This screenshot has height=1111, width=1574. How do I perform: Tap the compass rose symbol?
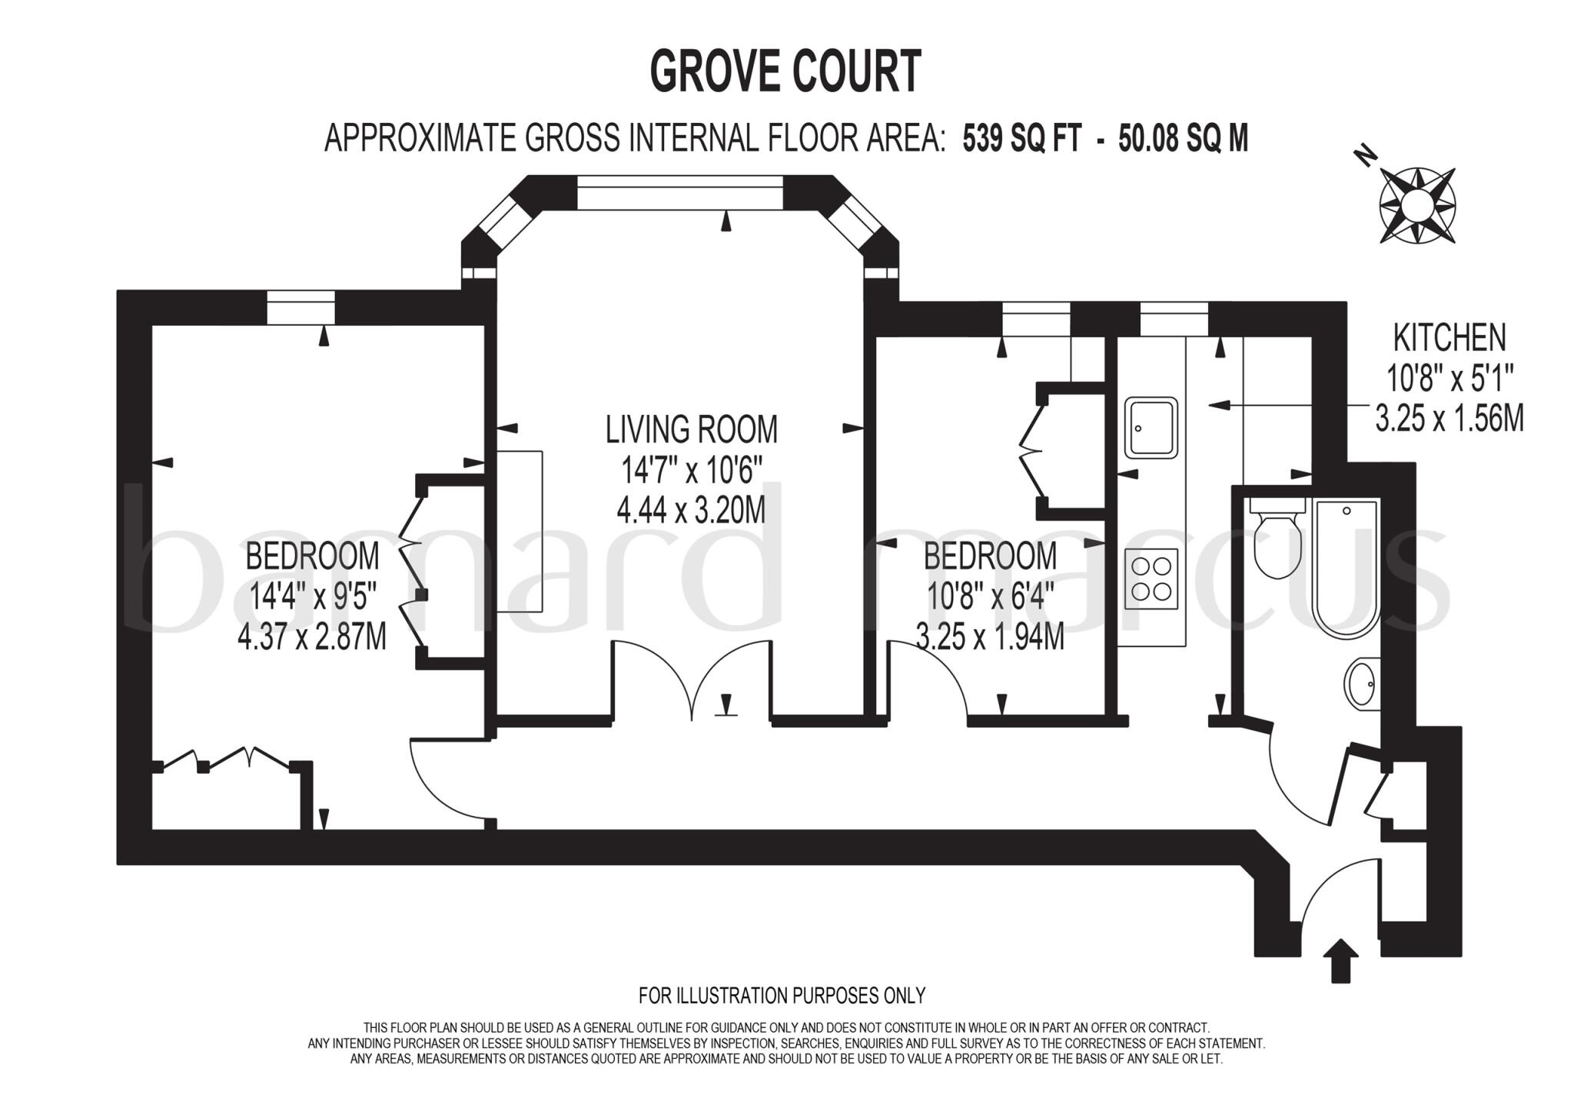tap(1417, 206)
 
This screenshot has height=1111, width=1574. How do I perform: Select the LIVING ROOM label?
tap(691, 429)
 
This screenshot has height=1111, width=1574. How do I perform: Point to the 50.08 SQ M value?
tap(1183, 140)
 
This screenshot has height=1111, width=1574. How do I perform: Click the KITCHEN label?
tap(1449, 338)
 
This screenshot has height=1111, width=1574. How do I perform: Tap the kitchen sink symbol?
tap(1151, 428)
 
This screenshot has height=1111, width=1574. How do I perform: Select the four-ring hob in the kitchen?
tap(1151, 579)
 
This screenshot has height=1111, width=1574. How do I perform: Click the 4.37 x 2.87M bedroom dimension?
tap(312, 638)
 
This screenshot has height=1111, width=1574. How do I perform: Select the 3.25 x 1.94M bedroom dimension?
tap(990, 638)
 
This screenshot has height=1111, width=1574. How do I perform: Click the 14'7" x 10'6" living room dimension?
tap(691, 469)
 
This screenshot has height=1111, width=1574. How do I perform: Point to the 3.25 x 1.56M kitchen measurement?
tap(1449, 420)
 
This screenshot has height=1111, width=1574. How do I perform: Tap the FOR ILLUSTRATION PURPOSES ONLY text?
tap(782, 996)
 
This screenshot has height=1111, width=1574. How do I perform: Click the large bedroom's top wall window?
tap(301, 308)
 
